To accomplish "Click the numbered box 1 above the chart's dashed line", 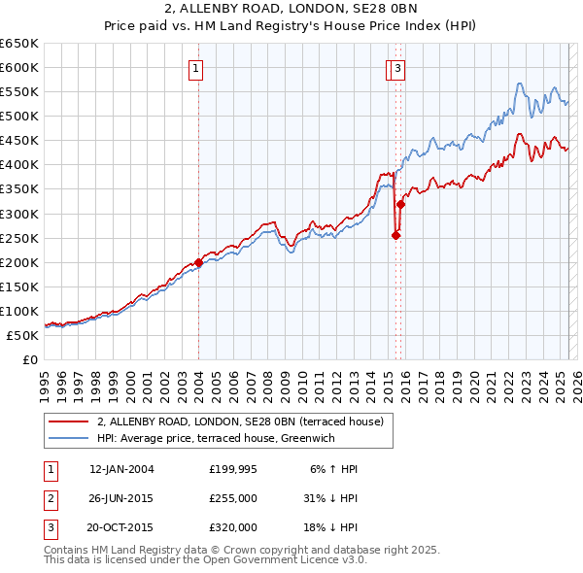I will [196, 68].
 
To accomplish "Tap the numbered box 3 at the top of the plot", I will [399, 68].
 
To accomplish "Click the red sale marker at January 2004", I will [198, 262].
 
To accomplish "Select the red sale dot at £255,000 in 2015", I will [395, 235].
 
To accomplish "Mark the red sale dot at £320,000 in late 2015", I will [400, 204].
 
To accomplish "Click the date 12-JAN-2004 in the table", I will [121, 469].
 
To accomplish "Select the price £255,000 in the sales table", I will [233, 498].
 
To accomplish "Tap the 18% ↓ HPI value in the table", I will [330, 527].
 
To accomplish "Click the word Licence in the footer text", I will [309, 560].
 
